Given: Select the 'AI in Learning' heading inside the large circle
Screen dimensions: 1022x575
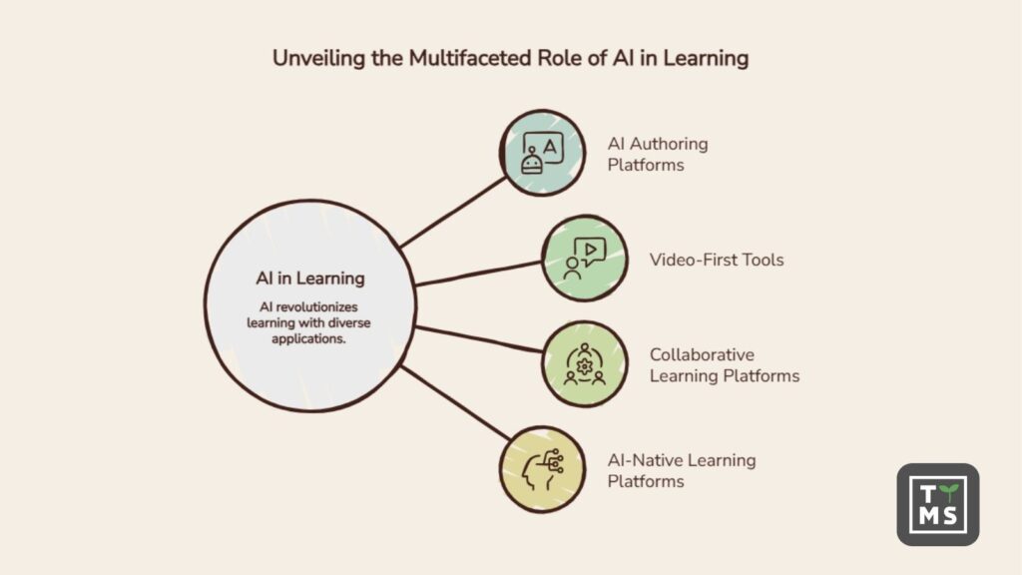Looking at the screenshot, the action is pyautogui.click(x=310, y=279).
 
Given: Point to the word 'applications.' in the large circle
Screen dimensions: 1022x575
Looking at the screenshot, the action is pyautogui.click(x=308, y=339).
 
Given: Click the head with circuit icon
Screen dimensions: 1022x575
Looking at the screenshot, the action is pyautogui.click(x=542, y=469).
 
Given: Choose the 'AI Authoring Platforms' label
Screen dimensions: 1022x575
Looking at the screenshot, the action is pyautogui.click(x=658, y=154).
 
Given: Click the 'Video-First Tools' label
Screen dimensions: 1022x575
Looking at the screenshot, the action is pyautogui.click(x=717, y=260).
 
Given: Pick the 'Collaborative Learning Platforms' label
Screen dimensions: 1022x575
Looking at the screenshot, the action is pyautogui.click(x=725, y=365).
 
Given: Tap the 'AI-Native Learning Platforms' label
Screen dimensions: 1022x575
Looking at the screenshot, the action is pyautogui.click(x=682, y=471).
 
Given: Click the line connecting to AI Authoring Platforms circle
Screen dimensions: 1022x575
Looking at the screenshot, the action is pyautogui.click(x=453, y=212).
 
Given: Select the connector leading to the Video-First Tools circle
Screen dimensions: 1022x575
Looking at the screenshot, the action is pyautogui.click(x=479, y=274).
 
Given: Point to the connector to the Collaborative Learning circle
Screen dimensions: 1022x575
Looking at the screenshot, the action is pyautogui.click(x=479, y=339).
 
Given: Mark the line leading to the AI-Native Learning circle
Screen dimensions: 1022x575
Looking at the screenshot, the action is pyautogui.click(x=455, y=402).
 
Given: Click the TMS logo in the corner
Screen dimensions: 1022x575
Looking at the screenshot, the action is pyautogui.click(x=938, y=504).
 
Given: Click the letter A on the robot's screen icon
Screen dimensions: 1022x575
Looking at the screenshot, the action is pyautogui.click(x=550, y=147).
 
